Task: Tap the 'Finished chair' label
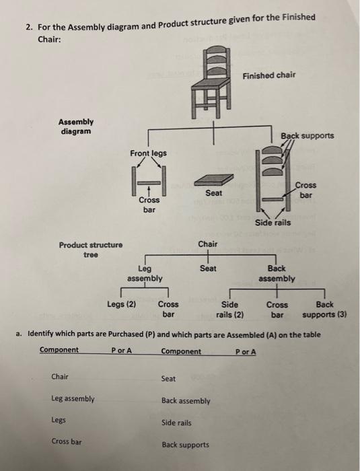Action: tap(268, 75)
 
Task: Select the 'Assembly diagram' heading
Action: tap(76, 127)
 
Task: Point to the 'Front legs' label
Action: tap(148, 153)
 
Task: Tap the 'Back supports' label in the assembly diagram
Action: tap(308, 135)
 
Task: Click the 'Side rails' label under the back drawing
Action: tap(273, 223)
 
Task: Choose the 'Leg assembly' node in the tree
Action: tap(145, 273)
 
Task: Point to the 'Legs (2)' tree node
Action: tap(122, 304)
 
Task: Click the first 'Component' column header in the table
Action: tap(59, 351)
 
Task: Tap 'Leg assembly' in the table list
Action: tap(73, 399)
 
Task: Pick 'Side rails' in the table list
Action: tap(176, 423)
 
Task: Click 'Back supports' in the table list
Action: tap(185, 445)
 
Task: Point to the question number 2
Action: tap(29, 27)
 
